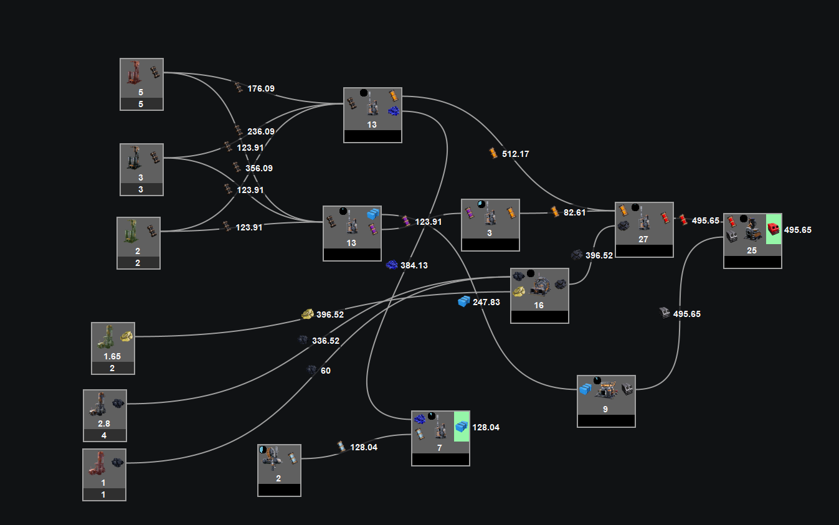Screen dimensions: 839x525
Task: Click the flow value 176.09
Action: pos(261,89)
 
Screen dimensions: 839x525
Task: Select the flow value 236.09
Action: pos(261,132)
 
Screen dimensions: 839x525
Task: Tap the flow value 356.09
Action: pos(259,169)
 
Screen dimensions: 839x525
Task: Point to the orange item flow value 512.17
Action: pos(515,154)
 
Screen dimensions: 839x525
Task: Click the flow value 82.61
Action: pos(574,213)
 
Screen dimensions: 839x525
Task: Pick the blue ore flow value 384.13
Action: pos(414,265)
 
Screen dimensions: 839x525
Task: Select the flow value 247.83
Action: pos(486,302)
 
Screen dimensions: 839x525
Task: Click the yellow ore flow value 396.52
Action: pos(330,315)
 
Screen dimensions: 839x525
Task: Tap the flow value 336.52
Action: pos(326,341)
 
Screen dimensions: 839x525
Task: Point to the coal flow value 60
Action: pos(326,371)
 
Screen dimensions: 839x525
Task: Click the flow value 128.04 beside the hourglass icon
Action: pos(364,448)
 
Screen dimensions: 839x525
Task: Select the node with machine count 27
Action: pos(644,230)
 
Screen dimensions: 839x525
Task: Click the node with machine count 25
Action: pos(752,241)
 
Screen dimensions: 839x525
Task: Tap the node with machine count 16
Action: pos(540,296)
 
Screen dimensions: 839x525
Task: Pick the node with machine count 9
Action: pos(607,402)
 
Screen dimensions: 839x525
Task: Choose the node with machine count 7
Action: pos(440,438)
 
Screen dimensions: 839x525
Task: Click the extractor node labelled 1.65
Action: pos(113,348)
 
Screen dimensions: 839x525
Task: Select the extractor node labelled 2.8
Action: pos(105,415)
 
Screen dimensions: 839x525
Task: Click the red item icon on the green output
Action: pos(773,229)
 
